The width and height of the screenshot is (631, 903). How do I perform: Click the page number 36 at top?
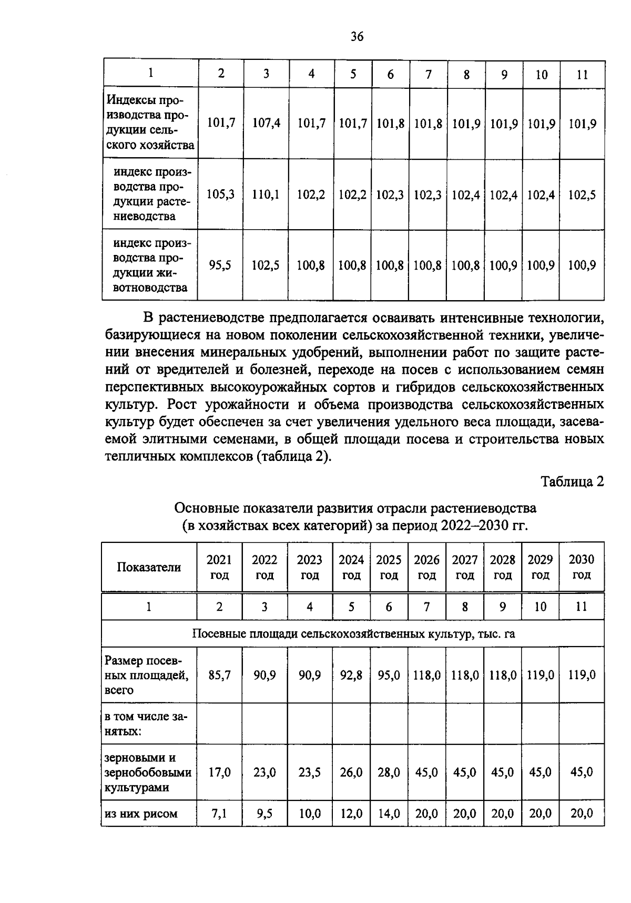(357, 36)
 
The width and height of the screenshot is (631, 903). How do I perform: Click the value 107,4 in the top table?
(266, 124)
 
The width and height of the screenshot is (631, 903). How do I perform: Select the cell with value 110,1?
(266, 194)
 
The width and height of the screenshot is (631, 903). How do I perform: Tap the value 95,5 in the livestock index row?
(220, 265)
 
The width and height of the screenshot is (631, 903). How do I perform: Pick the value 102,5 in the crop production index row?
(582, 195)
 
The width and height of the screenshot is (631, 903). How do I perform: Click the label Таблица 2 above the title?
(573, 481)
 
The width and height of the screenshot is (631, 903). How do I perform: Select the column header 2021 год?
(219, 567)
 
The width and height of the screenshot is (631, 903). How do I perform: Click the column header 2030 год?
(582, 567)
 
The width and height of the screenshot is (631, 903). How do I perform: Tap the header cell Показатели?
(149, 567)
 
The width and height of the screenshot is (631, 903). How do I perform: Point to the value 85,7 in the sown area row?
(220, 675)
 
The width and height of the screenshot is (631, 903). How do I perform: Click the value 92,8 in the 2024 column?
(351, 675)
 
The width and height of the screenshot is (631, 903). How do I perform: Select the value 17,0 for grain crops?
(220, 772)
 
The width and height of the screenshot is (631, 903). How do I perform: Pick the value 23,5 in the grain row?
(310, 772)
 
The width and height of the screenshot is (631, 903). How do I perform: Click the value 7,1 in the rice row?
(219, 814)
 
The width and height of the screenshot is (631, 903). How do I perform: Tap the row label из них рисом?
(141, 814)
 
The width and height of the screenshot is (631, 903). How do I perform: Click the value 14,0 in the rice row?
(389, 814)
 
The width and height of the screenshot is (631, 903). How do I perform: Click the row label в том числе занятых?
(146, 724)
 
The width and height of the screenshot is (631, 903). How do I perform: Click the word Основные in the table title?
(206, 508)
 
